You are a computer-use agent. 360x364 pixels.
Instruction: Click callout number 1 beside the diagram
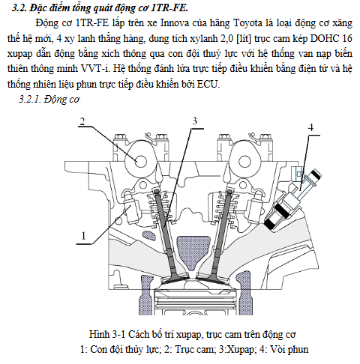click(x=83, y=236)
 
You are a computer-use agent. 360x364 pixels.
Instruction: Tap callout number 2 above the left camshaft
click(x=82, y=121)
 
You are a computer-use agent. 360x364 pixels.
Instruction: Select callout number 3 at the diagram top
click(x=195, y=121)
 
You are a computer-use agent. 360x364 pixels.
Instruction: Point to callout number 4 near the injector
click(x=310, y=127)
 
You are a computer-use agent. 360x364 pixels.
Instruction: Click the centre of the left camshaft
click(x=140, y=161)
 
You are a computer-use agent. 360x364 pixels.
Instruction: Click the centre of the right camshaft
click(x=244, y=161)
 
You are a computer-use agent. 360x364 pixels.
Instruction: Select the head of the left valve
click(x=175, y=279)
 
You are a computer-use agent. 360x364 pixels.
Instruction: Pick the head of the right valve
click(x=210, y=279)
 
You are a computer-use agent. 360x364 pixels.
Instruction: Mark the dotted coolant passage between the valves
click(x=193, y=252)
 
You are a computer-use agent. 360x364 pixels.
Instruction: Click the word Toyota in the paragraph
click(x=247, y=23)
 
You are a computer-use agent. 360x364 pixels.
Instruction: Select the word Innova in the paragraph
click(x=175, y=23)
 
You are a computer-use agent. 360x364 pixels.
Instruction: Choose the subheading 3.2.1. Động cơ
click(x=49, y=100)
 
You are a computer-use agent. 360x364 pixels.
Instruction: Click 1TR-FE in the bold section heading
click(x=169, y=8)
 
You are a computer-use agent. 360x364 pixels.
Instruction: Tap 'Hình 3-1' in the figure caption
click(x=107, y=334)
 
